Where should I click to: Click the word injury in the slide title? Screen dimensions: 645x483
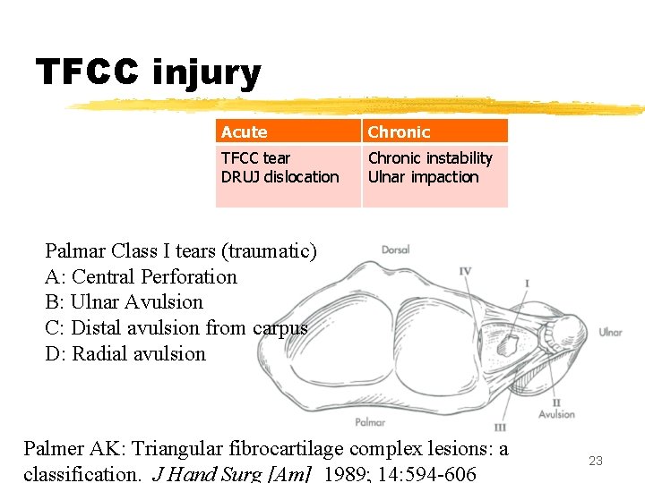(207, 73)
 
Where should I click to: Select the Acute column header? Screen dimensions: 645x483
(244, 132)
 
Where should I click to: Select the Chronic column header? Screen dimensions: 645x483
(399, 132)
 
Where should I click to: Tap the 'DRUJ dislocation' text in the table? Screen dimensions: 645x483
(279, 177)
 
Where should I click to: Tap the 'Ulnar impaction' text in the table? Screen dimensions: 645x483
(424, 177)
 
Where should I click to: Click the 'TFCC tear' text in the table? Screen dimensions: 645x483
(255, 158)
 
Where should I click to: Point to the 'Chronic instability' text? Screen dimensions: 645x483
(430, 158)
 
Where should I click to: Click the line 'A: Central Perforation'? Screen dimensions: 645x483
(141, 277)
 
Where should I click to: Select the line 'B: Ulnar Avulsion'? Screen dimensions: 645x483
(124, 302)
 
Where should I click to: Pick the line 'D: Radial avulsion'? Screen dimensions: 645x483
(125, 354)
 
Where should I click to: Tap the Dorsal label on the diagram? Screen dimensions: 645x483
(396, 250)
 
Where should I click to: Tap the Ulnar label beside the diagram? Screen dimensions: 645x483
(609, 333)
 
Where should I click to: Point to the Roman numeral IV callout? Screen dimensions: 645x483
(466, 271)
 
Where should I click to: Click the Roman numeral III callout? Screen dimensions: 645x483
(500, 428)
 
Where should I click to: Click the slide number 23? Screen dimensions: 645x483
(595, 461)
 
